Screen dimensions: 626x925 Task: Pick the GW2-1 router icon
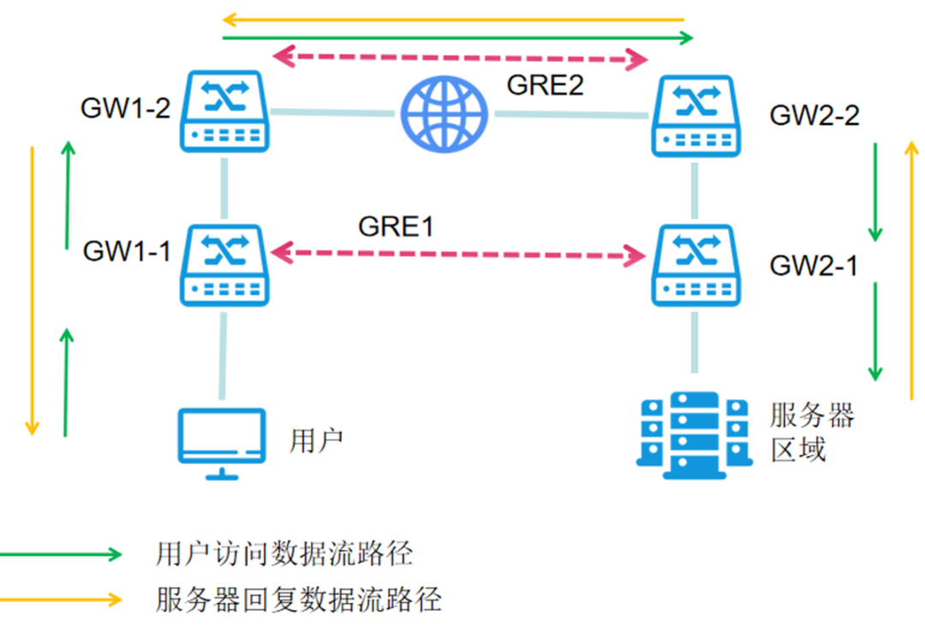695,265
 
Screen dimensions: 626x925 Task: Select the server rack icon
695,436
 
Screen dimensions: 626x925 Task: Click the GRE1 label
396,227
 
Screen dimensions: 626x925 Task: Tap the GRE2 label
546,86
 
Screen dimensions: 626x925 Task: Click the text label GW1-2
125,109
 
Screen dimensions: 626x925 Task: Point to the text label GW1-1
127,251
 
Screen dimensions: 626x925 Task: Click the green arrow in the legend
60,554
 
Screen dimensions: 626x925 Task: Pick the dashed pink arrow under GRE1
458,253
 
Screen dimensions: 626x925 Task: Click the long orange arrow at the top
454,19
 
